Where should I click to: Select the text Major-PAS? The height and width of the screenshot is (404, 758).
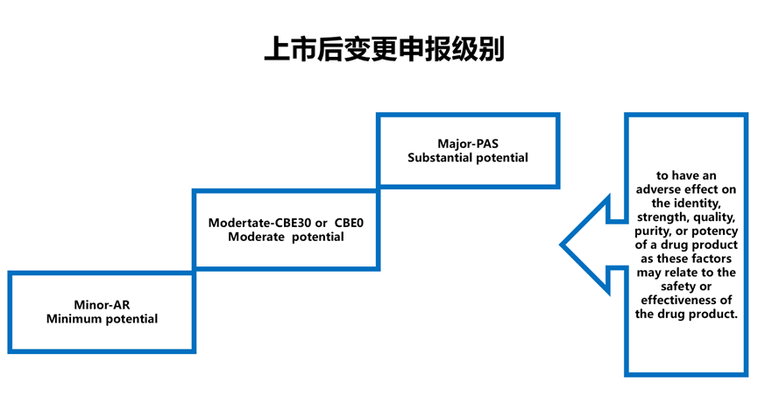467,144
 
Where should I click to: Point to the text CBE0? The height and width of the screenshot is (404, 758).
350,223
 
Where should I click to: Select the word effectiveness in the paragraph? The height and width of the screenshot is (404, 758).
682,300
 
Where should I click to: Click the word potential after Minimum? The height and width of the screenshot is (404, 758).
130,319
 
